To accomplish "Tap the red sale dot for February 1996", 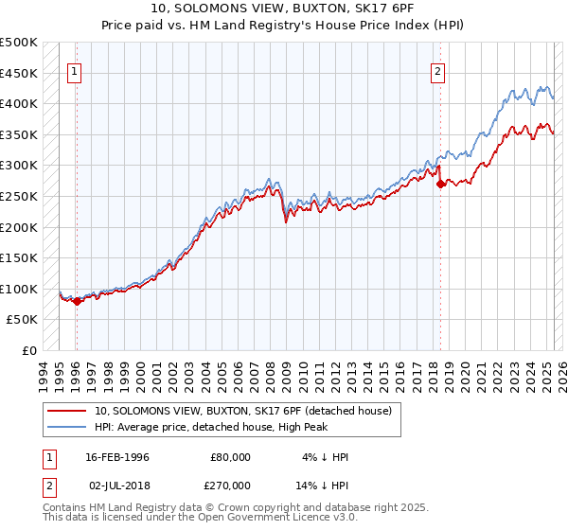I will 77,302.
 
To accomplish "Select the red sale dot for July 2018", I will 440,185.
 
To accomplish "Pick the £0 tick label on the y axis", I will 28,350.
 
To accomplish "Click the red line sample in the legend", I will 68,411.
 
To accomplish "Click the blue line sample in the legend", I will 68,427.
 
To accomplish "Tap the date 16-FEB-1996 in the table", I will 116,457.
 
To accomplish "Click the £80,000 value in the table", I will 231,457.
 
